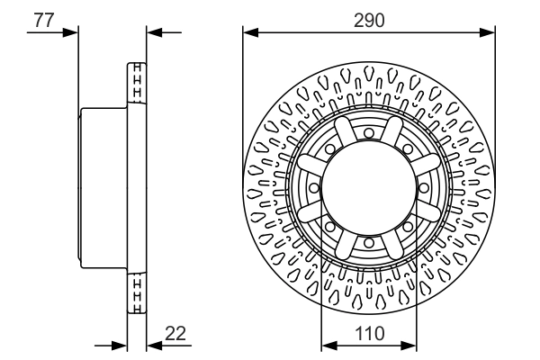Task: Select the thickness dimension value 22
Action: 175,334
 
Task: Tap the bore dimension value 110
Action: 369,334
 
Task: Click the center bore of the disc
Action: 369,187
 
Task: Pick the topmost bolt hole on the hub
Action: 369,133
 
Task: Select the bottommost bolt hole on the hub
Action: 369,242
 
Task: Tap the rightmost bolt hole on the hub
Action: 423,187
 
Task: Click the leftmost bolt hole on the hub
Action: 314,187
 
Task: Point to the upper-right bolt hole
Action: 408,148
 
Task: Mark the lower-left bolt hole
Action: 330,226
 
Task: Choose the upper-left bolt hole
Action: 330,148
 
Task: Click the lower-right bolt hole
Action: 408,226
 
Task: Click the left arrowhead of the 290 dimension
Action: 248,33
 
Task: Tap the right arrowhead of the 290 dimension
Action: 490,33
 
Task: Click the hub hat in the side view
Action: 103,187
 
